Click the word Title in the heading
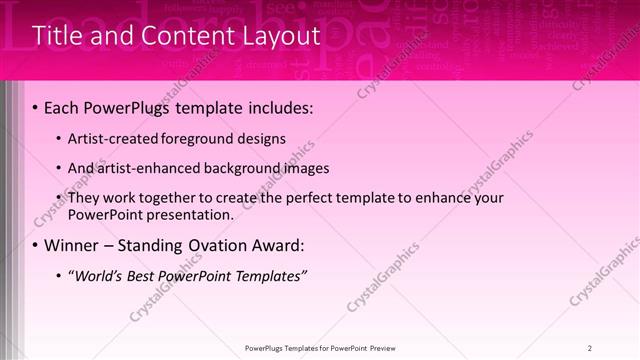point(57,36)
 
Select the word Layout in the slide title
point(278,37)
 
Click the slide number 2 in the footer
point(591,347)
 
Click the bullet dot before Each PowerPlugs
point(36,107)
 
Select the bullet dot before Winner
point(36,245)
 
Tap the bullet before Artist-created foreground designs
point(59,139)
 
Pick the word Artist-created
point(112,139)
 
